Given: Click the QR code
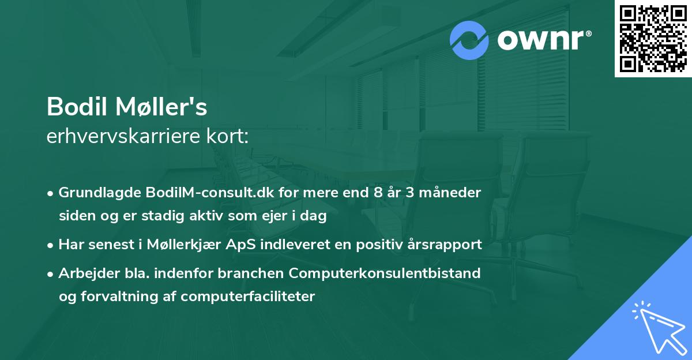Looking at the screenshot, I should point(653,39).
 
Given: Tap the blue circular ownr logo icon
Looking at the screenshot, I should point(469,40).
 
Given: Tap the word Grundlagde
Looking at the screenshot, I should point(95,192).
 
